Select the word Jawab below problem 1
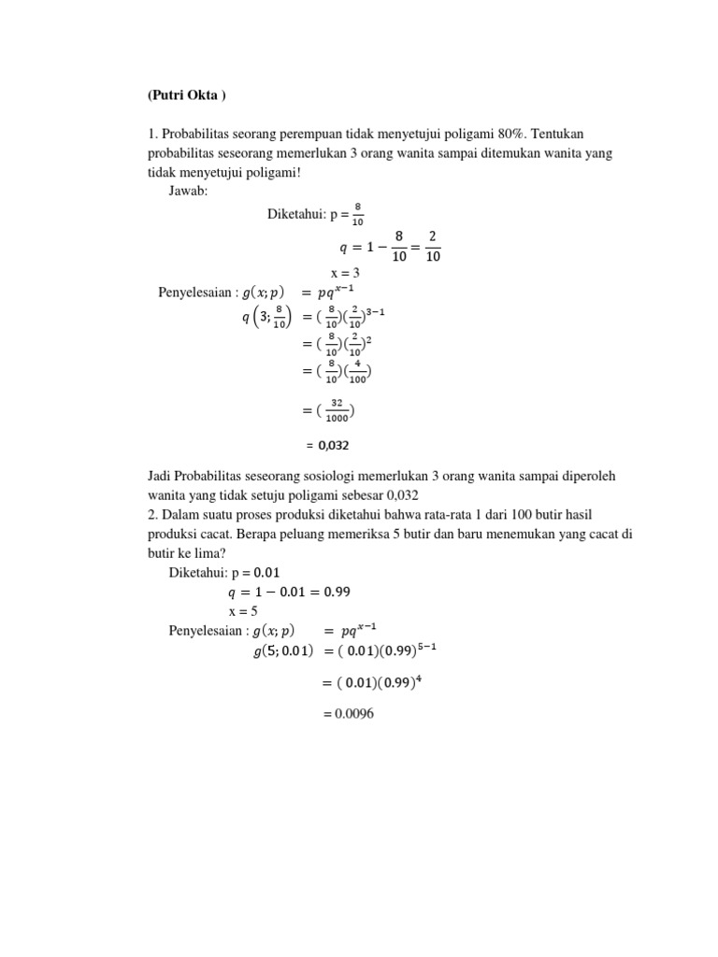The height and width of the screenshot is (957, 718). click(190, 191)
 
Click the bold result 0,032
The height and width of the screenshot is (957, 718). click(341, 446)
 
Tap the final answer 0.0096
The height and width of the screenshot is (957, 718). click(348, 714)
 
